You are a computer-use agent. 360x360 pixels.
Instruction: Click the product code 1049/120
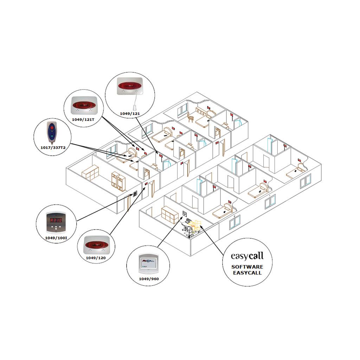click(x=96, y=258)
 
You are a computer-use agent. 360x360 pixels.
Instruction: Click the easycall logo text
click(x=247, y=255)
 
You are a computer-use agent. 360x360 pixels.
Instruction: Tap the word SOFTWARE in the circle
click(x=247, y=267)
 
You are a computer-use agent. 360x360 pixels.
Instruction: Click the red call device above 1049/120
click(x=96, y=244)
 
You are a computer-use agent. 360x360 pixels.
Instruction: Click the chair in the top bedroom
click(x=191, y=116)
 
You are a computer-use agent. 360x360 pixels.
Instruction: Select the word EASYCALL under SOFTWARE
click(x=247, y=273)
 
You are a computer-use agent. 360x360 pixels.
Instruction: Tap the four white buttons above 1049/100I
click(x=56, y=229)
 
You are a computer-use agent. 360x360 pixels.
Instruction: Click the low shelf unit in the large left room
click(x=90, y=173)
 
